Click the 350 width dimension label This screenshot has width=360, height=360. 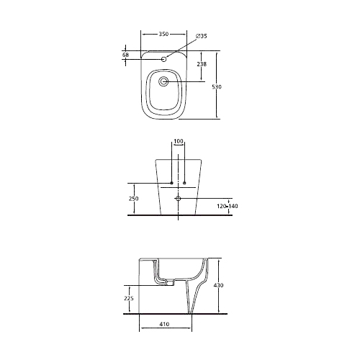[163, 35]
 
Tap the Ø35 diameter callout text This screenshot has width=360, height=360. [201, 36]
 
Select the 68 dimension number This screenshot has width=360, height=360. [125, 55]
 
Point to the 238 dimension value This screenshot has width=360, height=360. [202, 64]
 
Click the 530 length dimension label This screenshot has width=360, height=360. [217, 86]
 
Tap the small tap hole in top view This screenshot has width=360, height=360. [164, 59]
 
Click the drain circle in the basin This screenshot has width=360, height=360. [163, 81]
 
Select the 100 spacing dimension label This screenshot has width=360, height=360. [179, 141]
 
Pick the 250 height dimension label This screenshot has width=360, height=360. [133, 199]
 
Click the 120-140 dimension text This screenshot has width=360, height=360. [228, 206]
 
